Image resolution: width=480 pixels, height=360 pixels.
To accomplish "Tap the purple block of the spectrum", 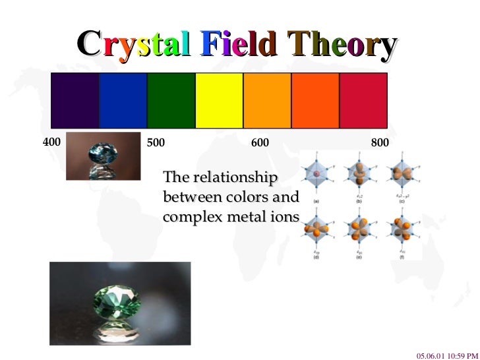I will click(x=75, y=100).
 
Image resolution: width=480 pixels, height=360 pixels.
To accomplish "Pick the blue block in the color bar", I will click(x=123, y=100).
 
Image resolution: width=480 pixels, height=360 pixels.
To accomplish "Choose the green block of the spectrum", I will click(x=171, y=100).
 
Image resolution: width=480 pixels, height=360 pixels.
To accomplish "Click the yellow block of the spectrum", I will click(x=219, y=100).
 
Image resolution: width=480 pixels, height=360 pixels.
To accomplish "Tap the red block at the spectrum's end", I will click(x=363, y=100).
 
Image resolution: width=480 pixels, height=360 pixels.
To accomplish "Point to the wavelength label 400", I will click(x=51, y=142).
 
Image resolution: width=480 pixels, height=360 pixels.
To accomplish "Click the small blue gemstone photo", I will click(x=104, y=156).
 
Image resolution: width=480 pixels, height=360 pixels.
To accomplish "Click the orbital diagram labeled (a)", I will click(x=316, y=175).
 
